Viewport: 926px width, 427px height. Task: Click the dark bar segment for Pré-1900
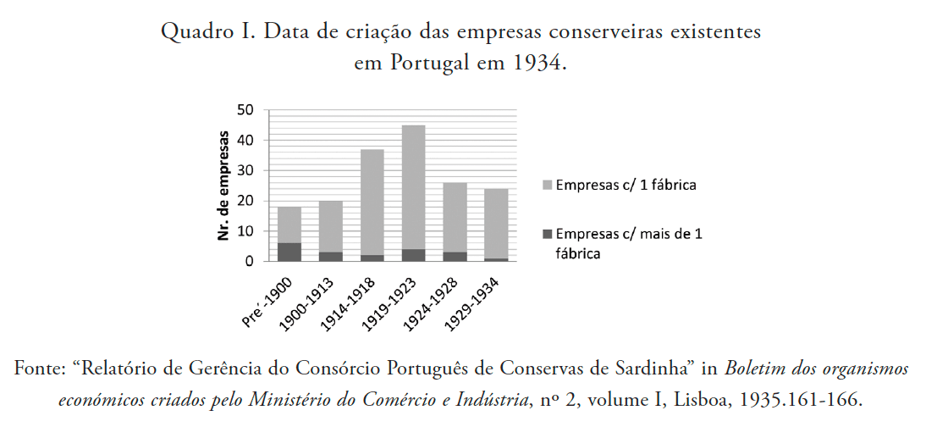click(289, 252)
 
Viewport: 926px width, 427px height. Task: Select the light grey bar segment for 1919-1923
click(414, 186)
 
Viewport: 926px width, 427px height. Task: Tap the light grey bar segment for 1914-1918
click(372, 202)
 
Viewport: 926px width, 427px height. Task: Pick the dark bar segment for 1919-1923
click(414, 255)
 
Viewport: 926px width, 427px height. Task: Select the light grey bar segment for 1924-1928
click(455, 217)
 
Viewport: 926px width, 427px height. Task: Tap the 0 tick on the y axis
click(250, 262)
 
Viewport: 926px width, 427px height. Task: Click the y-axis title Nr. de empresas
click(224, 186)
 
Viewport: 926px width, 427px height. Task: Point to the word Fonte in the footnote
click(36, 369)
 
